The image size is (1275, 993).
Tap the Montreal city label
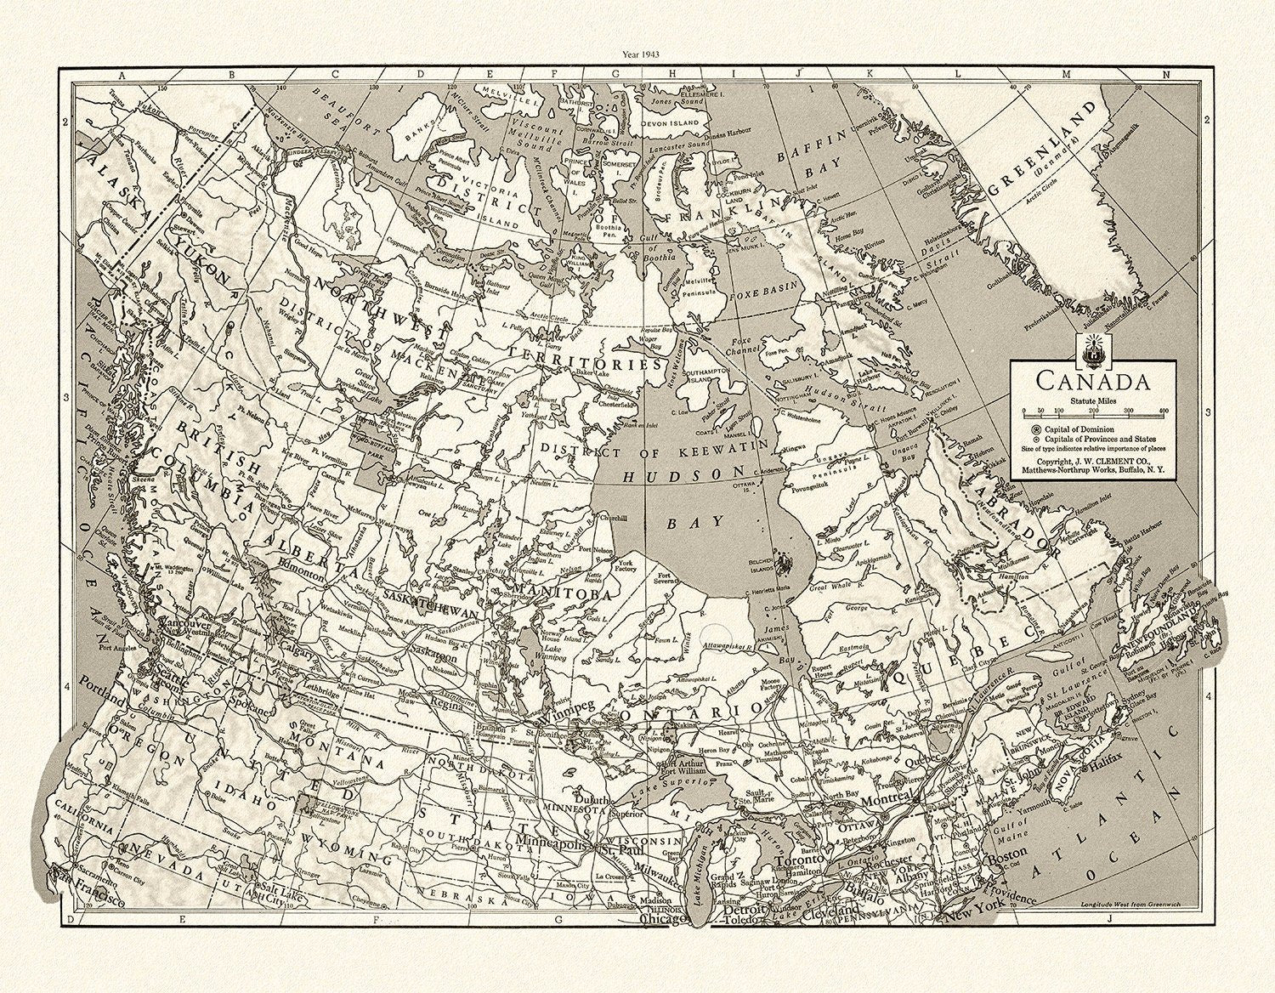coord(887,800)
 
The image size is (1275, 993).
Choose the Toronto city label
coord(798,859)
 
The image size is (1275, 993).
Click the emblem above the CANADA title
coord(1091,349)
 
